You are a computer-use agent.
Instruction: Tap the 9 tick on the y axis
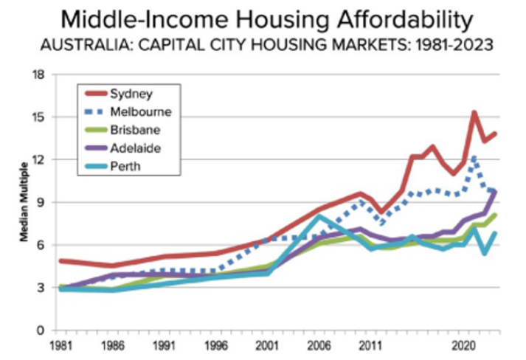41,202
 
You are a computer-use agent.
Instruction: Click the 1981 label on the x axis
60,345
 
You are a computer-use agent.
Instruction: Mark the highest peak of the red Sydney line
474,112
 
